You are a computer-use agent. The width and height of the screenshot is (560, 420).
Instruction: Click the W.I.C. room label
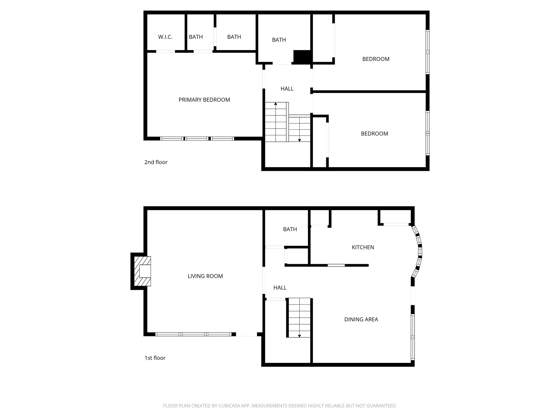165,37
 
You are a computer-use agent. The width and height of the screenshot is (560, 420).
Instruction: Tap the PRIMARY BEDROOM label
204,100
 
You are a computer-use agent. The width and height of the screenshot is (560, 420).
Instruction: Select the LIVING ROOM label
205,276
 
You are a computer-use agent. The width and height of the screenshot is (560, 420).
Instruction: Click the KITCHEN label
363,247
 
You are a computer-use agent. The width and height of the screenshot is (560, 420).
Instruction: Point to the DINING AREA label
361,319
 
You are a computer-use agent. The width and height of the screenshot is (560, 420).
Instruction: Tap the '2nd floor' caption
156,162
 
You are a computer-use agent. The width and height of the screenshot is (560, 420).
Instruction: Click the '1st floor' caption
155,358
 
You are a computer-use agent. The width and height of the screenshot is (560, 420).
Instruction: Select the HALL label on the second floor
287,89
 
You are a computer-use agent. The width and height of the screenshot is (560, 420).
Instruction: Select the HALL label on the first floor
280,288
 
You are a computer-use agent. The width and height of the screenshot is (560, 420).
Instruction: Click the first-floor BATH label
290,229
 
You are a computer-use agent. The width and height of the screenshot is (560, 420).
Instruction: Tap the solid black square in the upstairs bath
302,57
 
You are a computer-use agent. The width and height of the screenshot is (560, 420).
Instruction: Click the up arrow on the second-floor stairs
276,104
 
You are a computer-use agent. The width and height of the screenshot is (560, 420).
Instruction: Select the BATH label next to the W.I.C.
196,37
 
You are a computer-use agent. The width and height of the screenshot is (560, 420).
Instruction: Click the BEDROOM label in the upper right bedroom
376,59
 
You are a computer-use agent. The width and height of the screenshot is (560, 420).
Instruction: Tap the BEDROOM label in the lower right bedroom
374,134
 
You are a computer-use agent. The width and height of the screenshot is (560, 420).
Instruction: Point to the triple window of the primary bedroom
197,139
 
